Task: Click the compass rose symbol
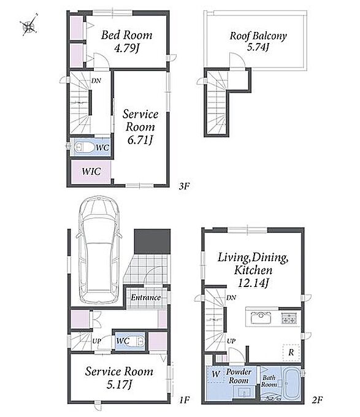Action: [x=28, y=26]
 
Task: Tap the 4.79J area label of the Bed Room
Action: [x=127, y=48]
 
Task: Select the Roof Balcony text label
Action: [x=258, y=36]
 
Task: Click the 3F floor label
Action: [x=184, y=186]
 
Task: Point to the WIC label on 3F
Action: [x=91, y=171]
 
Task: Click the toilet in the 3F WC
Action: [x=84, y=147]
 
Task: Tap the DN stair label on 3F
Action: [x=96, y=80]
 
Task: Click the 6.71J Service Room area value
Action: [x=140, y=140]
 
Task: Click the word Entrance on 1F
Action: [x=146, y=297]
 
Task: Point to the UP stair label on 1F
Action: [x=96, y=341]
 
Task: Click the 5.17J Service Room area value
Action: [x=119, y=384]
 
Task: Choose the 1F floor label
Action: [x=184, y=399]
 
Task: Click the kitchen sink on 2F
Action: [x=261, y=318]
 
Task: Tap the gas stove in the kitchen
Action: [x=289, y=318]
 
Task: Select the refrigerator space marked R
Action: [x=291, y=353]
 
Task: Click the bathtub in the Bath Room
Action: [x=292, y=383]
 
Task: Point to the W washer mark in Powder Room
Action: [x=216, y=374]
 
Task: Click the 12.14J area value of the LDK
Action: [x=253, y=283]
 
